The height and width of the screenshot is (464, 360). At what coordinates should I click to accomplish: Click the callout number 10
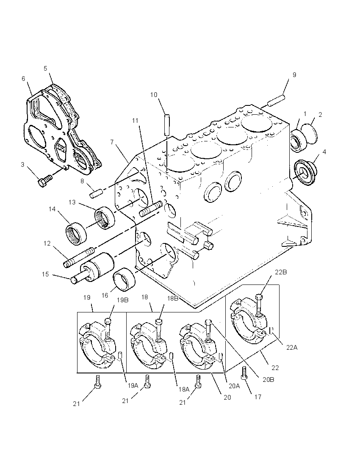[x=154, y=95]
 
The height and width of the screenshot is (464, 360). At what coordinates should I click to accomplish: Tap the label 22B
[x=281, y=272]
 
